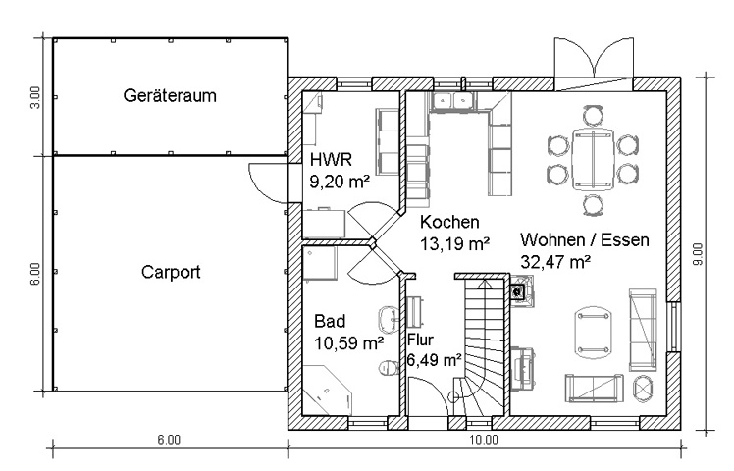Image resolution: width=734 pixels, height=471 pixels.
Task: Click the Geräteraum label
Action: (170, 95)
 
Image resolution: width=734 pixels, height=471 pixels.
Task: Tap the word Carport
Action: (171, 272)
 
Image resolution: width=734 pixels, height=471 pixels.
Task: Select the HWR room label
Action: (331, 160)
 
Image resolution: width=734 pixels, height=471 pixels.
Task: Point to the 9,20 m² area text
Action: (340, 182)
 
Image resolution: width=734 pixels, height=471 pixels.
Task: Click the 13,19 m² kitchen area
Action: (454, 243)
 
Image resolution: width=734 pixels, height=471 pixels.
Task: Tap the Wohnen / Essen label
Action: (585, 239)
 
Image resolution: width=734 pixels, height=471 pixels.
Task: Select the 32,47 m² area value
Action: (555, 262)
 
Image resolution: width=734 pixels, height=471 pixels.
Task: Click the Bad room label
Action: (330, 321)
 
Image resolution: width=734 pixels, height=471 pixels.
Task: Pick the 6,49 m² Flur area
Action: (434, 360)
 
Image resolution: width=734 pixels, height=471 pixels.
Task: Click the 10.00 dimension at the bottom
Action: (484, 440)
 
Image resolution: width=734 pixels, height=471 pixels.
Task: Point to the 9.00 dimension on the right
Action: (698, 254)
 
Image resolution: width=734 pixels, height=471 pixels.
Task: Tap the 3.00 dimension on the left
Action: (36, 97)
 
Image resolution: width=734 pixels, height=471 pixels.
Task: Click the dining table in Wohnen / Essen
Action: (593, 160)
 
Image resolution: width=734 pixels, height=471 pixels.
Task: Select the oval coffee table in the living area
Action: (594, 333)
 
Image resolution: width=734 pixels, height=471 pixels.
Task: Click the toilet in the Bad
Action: (388, 368)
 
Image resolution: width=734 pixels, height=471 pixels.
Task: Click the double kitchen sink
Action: (451, 101)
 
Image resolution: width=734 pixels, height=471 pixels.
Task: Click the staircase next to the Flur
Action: (483, 347)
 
